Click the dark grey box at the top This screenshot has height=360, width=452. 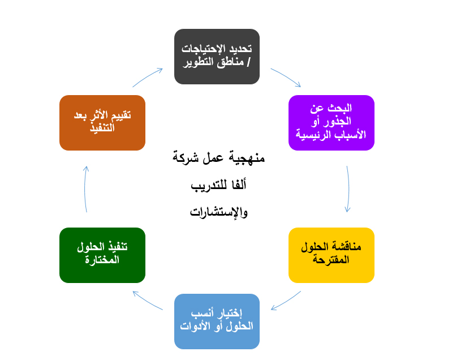coord(217,57)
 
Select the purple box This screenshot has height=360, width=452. coord(331,123)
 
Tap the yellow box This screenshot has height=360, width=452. coord(331,255)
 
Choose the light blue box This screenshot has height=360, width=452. coord(217,322)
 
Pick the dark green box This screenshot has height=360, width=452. coord(102,255)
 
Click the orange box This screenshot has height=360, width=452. coord(102,123)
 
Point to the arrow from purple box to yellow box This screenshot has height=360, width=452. coord(348,189)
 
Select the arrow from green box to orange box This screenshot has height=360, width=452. coord(85,189)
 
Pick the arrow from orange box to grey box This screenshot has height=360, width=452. coord(147,77)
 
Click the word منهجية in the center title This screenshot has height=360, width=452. coord(247,158)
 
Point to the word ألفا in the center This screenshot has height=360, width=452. coord(239,185)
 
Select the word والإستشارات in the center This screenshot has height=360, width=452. coord(219,212)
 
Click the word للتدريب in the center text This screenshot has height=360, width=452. coord(209,185)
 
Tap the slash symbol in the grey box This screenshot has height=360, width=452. coord(248,62)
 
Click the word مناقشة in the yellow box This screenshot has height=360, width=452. coord(346,247)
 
